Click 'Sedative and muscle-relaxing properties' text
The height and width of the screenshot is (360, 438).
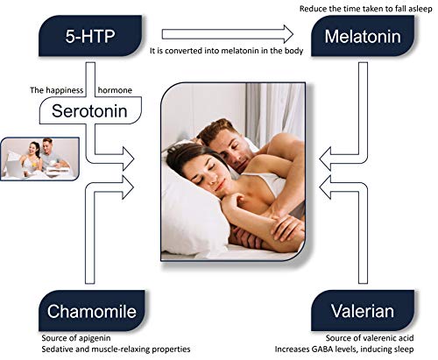click(114, 350)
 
